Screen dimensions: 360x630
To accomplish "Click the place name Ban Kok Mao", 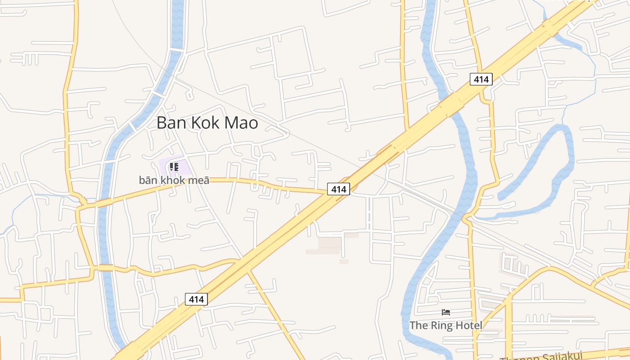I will pos(207,123).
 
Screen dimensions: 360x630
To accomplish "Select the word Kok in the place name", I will pos(207,123).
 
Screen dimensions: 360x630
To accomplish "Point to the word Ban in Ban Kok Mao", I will pos(173,123).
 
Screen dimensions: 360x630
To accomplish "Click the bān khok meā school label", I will pos(174,180).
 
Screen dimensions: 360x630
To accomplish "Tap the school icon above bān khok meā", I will pos(174,167).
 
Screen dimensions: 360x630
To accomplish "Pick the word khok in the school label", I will pos(174,180).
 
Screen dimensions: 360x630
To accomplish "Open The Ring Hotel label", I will pos(445,325).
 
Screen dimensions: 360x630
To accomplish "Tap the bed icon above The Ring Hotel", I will pos(446,312).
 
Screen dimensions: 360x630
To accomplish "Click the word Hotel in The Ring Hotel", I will pos(468,325).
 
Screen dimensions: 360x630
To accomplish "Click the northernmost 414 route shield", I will pos(481,80).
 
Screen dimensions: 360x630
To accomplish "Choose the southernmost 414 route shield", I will pos(196,299).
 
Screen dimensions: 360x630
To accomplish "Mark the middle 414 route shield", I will pos(338,189).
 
